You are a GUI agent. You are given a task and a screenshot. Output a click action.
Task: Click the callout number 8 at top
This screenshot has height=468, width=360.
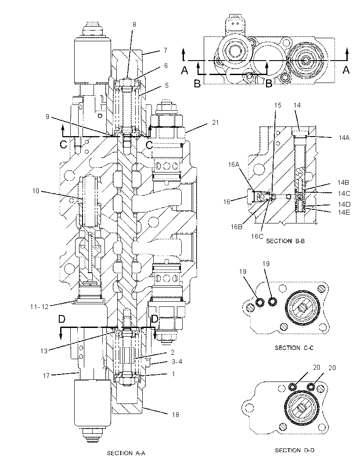134,25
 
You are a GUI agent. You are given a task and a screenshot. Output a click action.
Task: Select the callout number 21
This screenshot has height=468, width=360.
215,122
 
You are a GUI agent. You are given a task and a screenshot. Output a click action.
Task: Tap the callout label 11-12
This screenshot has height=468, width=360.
39,306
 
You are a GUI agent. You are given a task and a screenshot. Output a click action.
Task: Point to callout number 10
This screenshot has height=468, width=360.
36,191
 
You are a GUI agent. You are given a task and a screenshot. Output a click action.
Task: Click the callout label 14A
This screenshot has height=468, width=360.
344,137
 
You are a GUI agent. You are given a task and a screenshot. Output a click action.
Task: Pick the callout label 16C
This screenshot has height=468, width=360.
257,236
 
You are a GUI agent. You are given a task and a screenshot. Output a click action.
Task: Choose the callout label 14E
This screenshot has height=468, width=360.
344,212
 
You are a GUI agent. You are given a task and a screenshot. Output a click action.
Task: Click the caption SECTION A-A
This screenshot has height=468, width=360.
126,453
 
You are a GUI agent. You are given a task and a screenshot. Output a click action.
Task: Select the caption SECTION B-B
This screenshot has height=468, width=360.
285,241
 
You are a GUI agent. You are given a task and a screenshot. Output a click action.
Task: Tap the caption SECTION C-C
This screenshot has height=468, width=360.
294,348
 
